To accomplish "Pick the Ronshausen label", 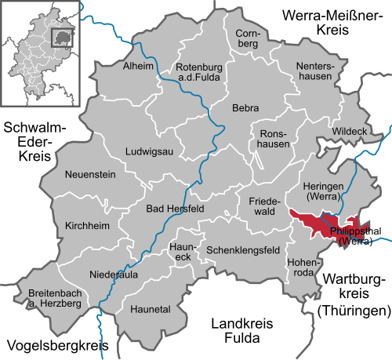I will tap(274, 139).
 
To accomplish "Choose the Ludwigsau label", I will tap(150, 151).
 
